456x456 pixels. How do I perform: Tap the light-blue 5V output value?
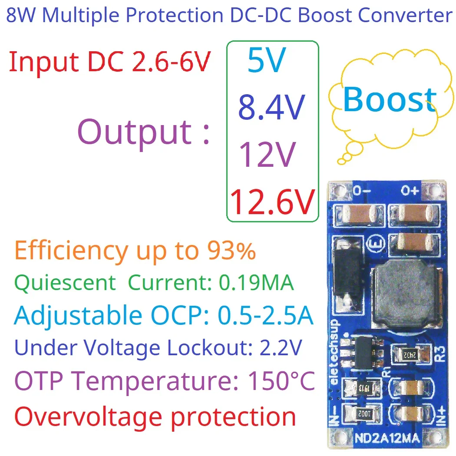[267, 60]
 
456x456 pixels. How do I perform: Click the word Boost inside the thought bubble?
[390, 99]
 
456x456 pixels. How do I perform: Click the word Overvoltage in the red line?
[87, 416]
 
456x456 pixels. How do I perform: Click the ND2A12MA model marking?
[389, 439]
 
